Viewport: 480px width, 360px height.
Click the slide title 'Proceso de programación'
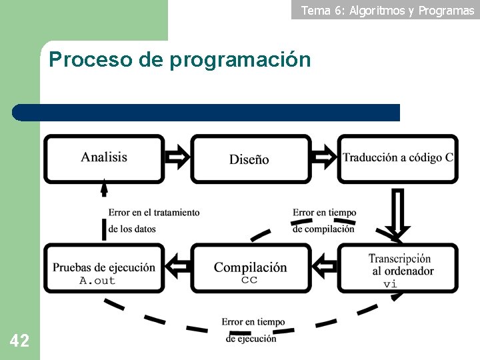[179, 60]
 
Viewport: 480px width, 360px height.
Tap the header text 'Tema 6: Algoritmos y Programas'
[387, 10]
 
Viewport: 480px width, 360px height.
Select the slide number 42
[19, 341]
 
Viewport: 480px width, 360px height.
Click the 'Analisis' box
[104, 158]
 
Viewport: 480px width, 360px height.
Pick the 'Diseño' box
[250, 159]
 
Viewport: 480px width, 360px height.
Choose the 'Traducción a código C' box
[397, 158]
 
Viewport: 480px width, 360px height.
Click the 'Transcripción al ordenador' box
[398, 268]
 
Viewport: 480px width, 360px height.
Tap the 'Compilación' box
[250, 268]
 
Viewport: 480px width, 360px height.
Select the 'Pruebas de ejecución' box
[104, 268]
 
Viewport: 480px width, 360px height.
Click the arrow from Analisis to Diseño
[177, 158]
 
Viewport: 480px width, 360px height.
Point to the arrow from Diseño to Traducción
[324, 158]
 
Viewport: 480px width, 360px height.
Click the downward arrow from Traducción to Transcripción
[397, 213]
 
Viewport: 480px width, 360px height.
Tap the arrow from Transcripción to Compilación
[325, 267]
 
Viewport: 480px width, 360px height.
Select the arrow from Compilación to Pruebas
[177, 267]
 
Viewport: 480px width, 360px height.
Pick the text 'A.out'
[97, 281]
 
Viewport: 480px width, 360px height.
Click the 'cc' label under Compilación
[249, 281]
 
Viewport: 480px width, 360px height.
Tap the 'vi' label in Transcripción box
[390, 284]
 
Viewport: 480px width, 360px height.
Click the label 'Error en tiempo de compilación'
[324, 221]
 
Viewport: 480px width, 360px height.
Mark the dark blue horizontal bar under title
[207, 112]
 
